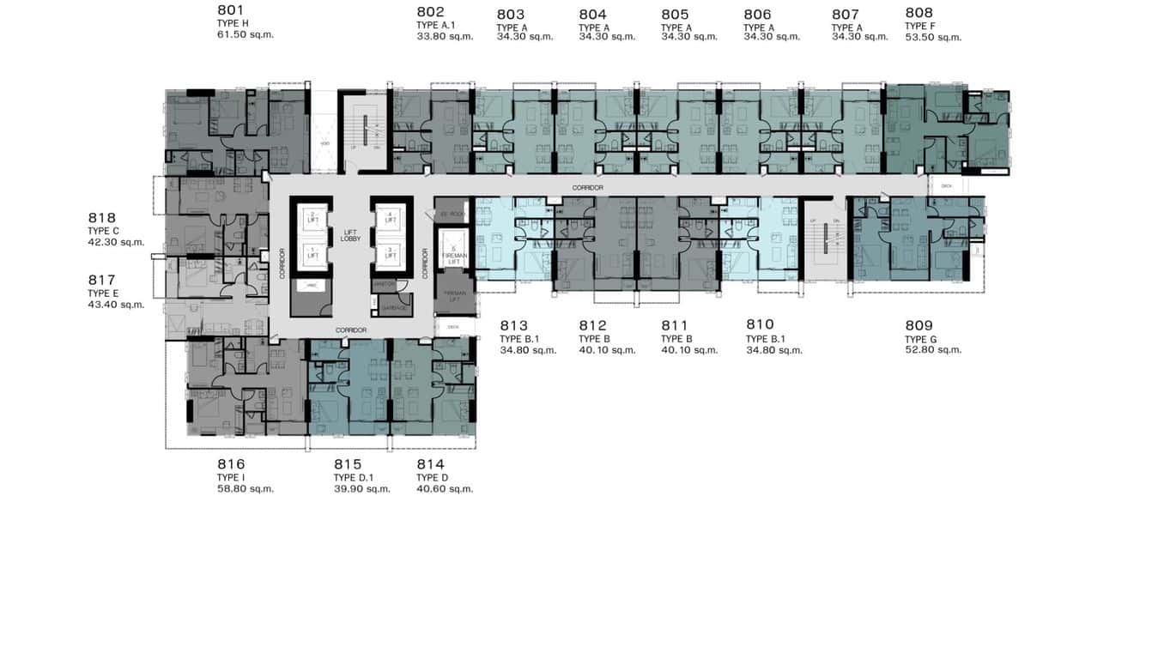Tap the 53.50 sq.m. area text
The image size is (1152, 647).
[x=933, y=37]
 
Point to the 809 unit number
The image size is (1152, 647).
[x=919, y=325]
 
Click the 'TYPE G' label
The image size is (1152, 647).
[x=921, y=339]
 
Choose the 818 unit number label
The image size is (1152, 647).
[x=101, y=218]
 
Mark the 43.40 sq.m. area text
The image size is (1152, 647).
[x=116, y=305]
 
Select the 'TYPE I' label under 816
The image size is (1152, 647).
[x=231, y=478]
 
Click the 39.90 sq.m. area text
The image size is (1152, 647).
[x=361, y=489]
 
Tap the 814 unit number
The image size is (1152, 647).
[x=430, y=464]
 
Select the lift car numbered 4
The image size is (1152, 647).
[x=391, y=217]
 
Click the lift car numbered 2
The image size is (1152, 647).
[x=313, y=217]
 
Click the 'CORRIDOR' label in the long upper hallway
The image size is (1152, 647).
[x=590, y=187]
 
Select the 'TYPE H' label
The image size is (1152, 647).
[x=233, y=23]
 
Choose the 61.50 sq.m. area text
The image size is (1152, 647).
[x=246, y=35]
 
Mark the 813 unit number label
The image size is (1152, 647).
[x=513, y=325]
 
